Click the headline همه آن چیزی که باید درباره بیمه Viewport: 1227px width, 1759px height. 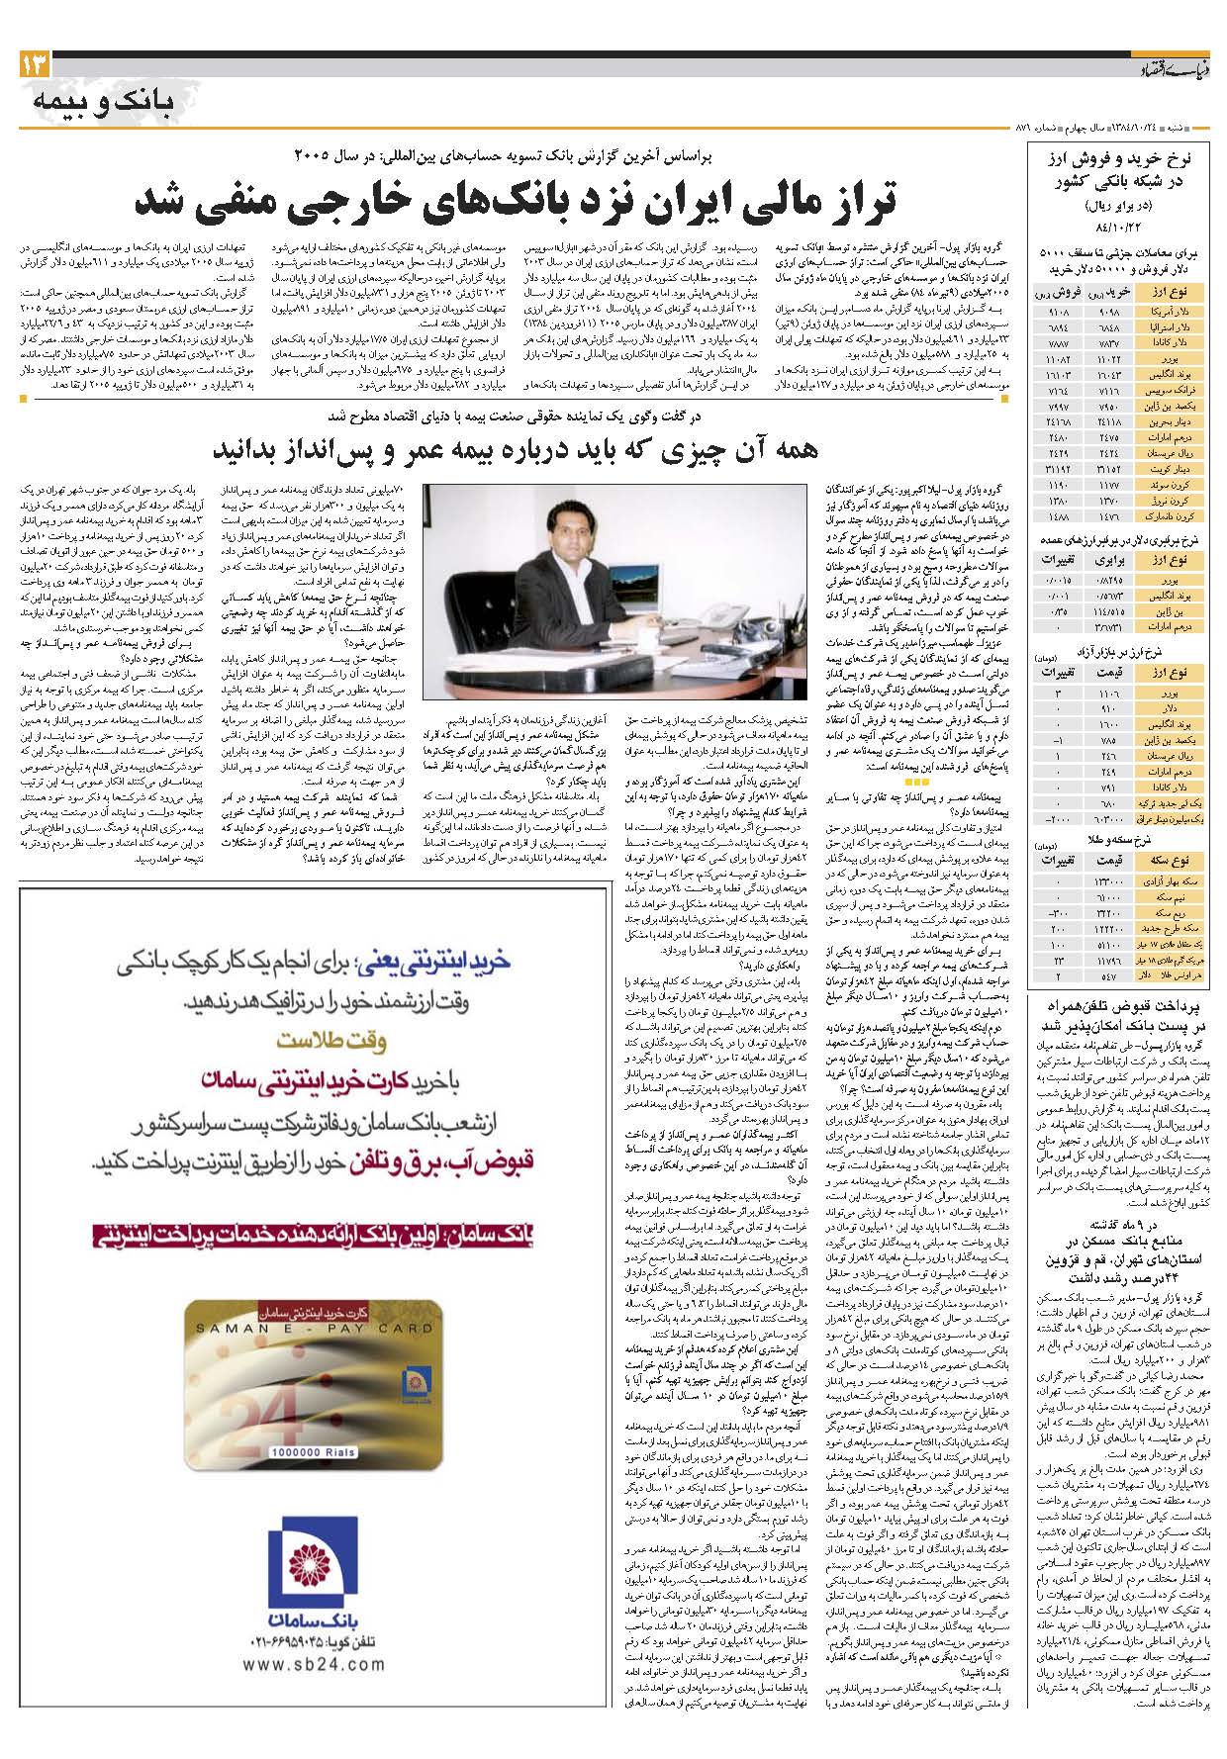[x=515, y=450]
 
